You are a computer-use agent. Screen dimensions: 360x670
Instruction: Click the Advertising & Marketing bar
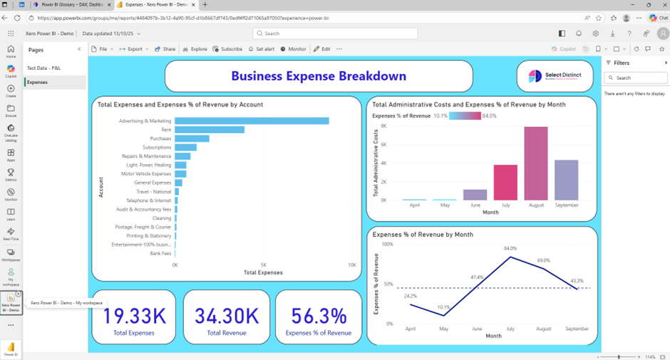pyautogui.click(x=251, y=121)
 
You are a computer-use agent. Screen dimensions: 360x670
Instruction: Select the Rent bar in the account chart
pyautogui.click(x=210, y=130)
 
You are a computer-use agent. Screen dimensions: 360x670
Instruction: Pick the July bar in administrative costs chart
pyautogui.click(x=505, y=182)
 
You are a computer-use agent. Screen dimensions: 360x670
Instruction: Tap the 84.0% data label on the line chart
pyautogui.click(x=510, y=249)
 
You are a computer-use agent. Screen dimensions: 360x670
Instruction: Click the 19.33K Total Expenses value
pyautogui.click(x=133, y=316)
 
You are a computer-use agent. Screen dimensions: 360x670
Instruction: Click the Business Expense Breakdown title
pyautogui.click(x=319, y=76)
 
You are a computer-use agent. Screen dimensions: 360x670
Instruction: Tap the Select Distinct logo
pyautogui.click(x=557, y=76)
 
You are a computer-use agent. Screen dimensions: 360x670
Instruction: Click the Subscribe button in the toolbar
pyautogui.click(x=228, y=49)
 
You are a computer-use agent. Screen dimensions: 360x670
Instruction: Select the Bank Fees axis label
pyautogui.click(x=160, y=253)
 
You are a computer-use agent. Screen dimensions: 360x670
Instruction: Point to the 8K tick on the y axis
pyautogui.click(x=383, y=126)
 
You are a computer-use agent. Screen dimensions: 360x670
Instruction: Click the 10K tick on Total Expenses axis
pyautogui.click(x=351, y=264)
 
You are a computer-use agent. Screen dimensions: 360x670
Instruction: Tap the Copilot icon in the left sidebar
pyautogui.click(x=11, y=69)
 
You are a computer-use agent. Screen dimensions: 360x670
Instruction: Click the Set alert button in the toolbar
pyautogui.click(x=262, y=49)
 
